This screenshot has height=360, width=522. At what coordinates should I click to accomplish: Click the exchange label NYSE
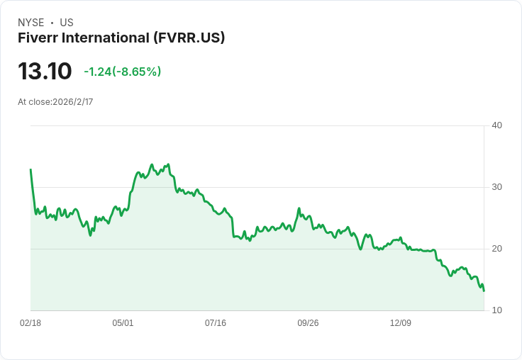pyautogui.click(x=31, y=23)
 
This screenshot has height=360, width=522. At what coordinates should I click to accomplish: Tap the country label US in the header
pyautogui.click(x=67, y=23)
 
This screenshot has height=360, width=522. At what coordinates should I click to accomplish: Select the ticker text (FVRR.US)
pyautogui.click(x=189, y=38)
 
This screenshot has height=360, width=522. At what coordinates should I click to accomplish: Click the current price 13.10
pyautogui.click(x=45, y=72)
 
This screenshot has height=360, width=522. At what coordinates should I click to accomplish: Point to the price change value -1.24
pyautogui.click(x=97, y=72)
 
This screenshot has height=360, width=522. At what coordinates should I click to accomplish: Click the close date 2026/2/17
pyautogui.click(x=73, y=102)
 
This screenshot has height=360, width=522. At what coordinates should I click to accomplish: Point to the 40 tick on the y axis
pyautogui.click(x=496, y=125)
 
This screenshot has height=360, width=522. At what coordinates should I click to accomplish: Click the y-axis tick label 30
pyautogui.click(x=496, y=187)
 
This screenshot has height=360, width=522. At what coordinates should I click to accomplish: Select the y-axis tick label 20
pyautogui.click(x=496, y=249)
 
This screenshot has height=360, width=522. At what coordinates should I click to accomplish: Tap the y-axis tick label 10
pyautogui.click(x=496, y=310)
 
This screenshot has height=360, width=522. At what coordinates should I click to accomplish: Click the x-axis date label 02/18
pyautogui.click(x=30, y=323)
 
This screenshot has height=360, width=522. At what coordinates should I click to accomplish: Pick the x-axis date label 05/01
pyautogui.click(x=123, y=323)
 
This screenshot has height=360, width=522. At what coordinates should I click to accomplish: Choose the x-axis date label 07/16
pyautogui.click(x=216, y=323)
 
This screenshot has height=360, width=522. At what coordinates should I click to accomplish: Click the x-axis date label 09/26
pyautogui.click(x=308, y=323)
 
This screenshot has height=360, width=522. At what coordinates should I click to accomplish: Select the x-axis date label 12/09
pyautogui.click(x=401, y=323)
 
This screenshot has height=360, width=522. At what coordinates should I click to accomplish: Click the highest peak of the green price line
pyautogui.click(x=167, y=164)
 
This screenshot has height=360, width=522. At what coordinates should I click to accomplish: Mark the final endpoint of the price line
pyautogui.click(x=484, y=291)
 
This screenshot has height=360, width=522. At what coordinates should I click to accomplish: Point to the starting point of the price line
pyautogui.click(x=30, y=169)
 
